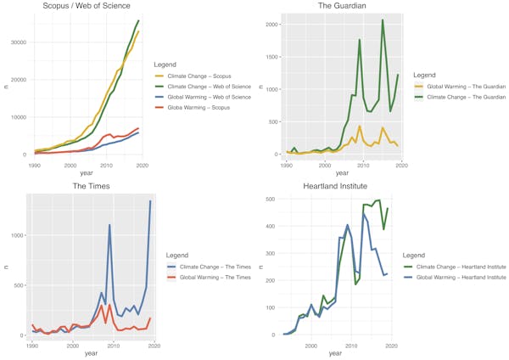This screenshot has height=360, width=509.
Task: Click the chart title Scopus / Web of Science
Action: (x=88, y=7)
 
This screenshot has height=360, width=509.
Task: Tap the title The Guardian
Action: (x=342, y=7)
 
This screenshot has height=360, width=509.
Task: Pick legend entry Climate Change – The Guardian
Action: (x=464, y=98)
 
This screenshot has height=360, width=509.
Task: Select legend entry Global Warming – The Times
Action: (x=208, y=278)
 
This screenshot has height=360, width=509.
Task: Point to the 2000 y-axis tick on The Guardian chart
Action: (x=272, y=25)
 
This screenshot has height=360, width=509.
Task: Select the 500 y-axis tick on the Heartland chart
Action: (x=272, y=200)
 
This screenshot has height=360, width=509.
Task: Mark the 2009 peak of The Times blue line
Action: (x=109, y=225)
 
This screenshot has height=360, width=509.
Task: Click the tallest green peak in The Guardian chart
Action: (x=383, y=20)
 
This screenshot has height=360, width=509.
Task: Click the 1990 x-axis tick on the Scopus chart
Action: (x=34, y=165)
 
